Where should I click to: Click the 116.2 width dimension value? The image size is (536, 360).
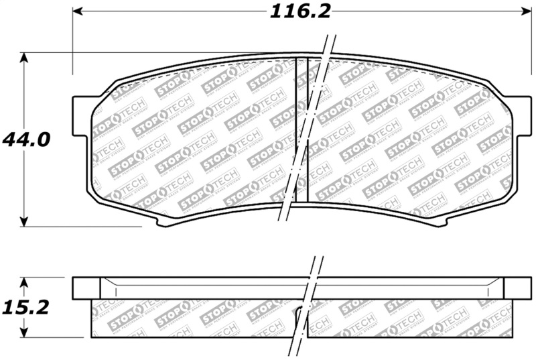click(x=300, y=11)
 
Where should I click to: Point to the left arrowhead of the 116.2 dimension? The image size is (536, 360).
click(x=78, y=11)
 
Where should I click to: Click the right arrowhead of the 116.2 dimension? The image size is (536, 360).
click(x=525, y=11)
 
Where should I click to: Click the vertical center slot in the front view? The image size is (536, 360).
click(x=301, y=127)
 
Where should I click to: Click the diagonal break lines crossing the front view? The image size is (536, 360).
click(x=308, y=134)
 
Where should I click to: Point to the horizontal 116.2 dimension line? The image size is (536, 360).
click(x=167, y=11)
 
